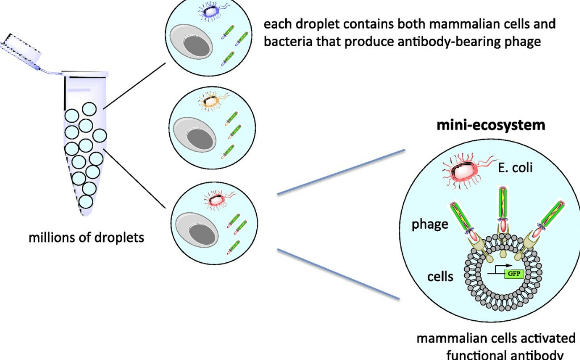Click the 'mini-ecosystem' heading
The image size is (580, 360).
pyautogui.click(x=491, y=125)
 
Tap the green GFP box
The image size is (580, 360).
pyautogui.click(x=513, y=273)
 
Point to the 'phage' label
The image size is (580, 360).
pyautogui.click(x=429, y=224)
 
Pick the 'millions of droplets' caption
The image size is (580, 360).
pyautogui.click(x=86, y=237)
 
